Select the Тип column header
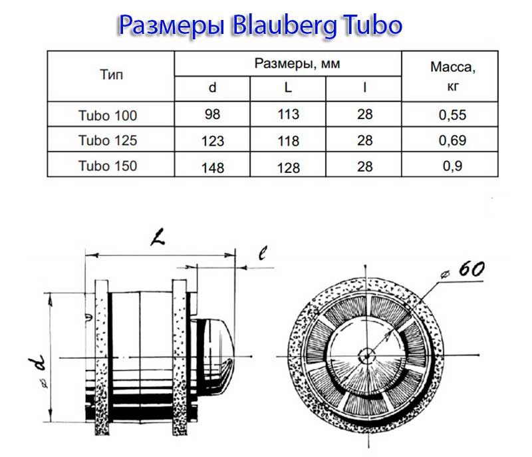[x=111, y=75]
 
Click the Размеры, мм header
[x=288, y=64]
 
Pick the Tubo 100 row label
[x=107, y=115]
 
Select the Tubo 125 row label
[x=107, y=140]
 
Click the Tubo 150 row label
[x=107, y=166]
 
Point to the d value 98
[x=213, y=115]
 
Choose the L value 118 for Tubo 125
[x=288, y=141]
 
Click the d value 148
[x=213, y=167]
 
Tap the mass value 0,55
[x=453, y=115]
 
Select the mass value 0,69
[x=453, y=141]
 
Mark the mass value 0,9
[x=453, y=166]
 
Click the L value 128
[x=288, y=167]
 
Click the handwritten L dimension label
[x=157, y=237]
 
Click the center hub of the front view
[x=365, y=355]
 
